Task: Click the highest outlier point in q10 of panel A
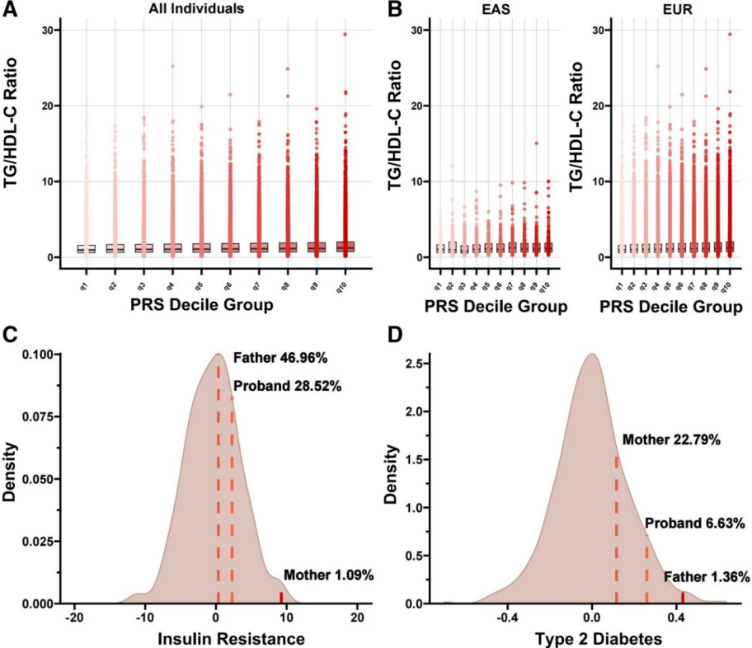pos(345,35)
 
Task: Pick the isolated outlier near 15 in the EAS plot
pos(537,143)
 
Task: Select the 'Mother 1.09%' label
pos(328,575)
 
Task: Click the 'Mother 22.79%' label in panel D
pos(671,440)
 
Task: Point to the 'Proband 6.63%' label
pos(695,524)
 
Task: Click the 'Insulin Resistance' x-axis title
pos(215,638)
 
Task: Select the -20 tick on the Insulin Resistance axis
pos(74,617)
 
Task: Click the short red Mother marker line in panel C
pos(281,598)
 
